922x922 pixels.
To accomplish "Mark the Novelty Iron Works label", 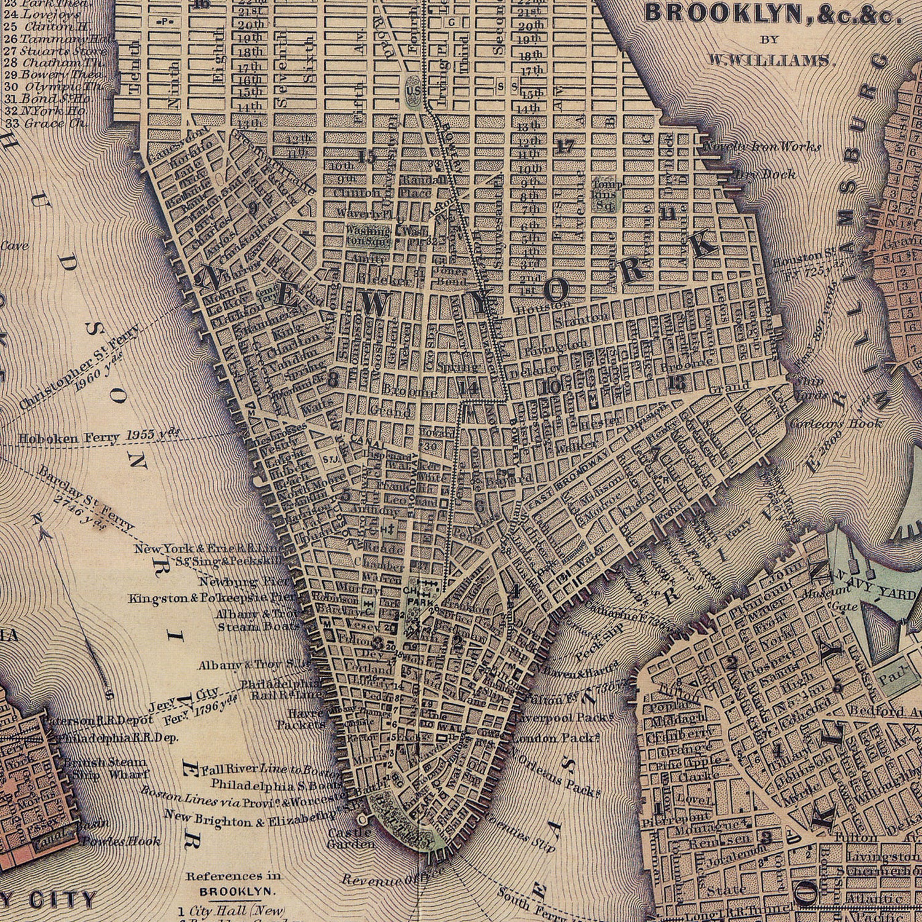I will point(762,147).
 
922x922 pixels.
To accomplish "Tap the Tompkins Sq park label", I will point(607,194).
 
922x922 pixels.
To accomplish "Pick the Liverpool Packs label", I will point(564,717).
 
